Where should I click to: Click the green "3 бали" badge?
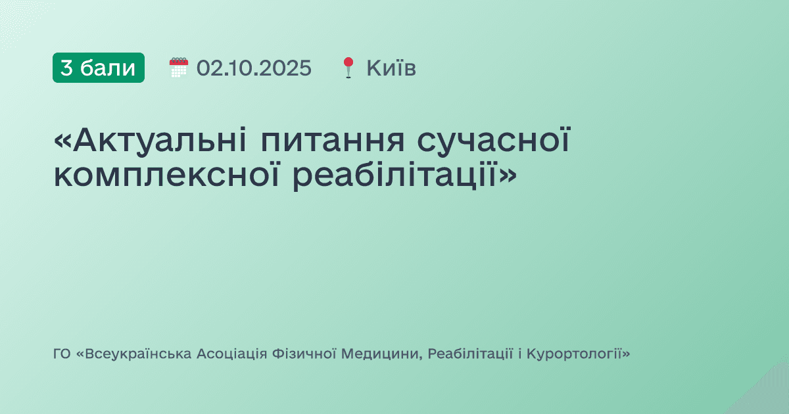99,68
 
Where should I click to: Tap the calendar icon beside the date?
178,68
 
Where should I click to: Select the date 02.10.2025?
254,68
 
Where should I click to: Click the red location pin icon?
348,68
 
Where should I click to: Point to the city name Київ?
391,68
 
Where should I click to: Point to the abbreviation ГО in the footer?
62,354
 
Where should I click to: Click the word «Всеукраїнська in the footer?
135,354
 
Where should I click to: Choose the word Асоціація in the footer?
231,354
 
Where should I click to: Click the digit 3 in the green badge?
66,68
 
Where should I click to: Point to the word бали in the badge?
107,68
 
